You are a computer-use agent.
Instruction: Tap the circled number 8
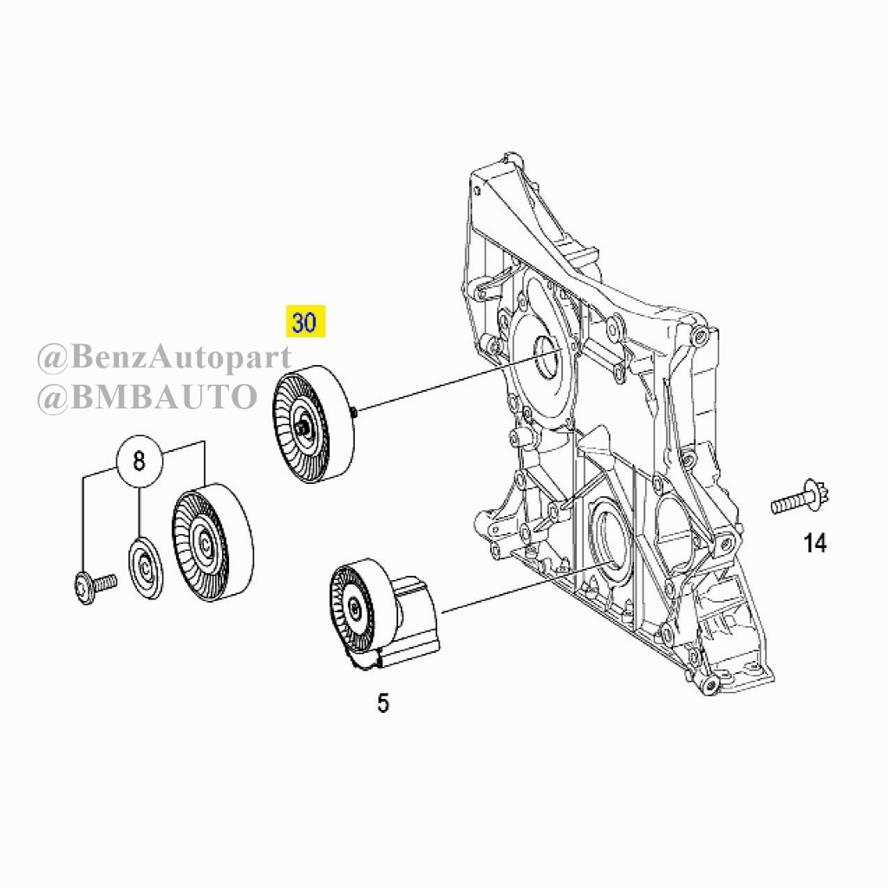pos(140,461)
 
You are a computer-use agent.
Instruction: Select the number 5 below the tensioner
pos(383,703)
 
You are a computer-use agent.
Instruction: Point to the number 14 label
pos(815,543)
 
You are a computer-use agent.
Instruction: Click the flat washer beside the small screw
pos(147,567)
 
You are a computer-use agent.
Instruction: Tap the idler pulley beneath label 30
pos(314,424)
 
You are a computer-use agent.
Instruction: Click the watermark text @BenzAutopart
pos(164,357)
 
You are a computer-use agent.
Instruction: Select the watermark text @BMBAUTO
pos(147,397)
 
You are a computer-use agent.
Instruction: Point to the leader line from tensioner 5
pos(521,589)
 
